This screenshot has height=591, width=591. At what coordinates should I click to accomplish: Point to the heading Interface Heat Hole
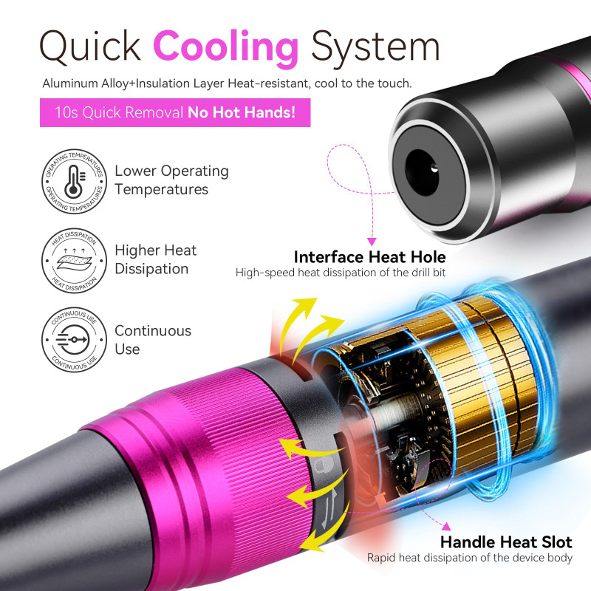click(369, 257)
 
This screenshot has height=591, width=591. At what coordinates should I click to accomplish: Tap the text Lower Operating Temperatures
click(171, 180)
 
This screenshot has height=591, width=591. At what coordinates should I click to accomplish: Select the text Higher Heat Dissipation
click(155, 259)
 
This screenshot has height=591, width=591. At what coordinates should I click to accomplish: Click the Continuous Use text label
click(153, 340)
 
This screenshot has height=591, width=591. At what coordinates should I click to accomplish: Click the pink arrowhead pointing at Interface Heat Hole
click(372, 240)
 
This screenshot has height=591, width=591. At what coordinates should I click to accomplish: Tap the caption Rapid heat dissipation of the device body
click(470, 558)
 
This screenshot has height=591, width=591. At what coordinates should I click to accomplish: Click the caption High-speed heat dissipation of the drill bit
click(341, 273)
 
